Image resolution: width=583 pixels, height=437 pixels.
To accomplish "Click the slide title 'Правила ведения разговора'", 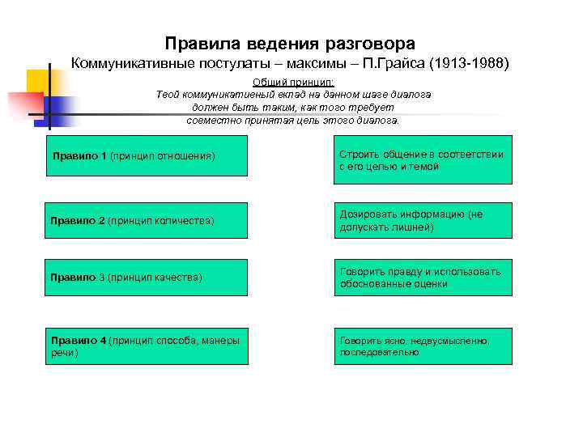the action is [290, 43].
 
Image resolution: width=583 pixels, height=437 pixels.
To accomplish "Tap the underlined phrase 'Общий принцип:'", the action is [293, 83].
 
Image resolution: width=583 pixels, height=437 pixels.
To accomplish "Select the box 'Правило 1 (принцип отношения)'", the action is [147, 155].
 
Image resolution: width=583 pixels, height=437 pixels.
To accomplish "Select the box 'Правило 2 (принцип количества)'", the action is [147, 221].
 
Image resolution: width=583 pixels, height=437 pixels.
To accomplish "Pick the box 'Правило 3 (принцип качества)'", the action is [147, 278].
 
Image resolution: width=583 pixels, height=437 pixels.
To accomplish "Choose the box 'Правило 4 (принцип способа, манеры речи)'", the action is [147, 346].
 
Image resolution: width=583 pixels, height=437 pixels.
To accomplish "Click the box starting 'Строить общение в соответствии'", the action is [423, 160].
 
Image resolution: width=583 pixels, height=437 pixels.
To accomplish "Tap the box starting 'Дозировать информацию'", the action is [423, 221].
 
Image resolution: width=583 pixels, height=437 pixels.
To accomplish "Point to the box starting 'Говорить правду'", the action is [423, 278].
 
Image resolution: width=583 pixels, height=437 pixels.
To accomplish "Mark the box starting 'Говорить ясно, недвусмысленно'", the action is [423, 346].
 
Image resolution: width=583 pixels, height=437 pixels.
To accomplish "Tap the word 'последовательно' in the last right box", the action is [380, 353].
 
